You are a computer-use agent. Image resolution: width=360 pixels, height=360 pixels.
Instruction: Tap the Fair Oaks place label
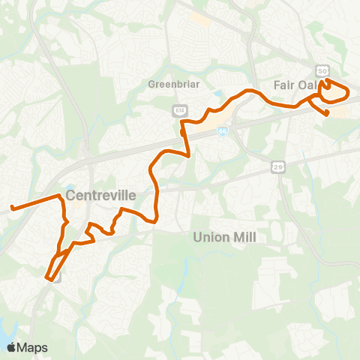[x=296, y=85]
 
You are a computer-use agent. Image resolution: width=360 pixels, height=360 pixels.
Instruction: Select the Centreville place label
[x=100, y=195]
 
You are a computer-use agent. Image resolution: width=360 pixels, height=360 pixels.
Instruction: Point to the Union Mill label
[x=224, y=237]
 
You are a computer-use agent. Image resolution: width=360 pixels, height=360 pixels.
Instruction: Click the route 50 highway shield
[x=322, y=70]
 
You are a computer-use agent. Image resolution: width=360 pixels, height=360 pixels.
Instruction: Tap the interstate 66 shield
[x=222, y=130]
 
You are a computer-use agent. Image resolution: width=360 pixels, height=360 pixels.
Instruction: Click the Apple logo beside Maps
[x=12, y=347]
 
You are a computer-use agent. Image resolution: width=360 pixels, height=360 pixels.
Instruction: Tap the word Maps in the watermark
[x=33, y=347]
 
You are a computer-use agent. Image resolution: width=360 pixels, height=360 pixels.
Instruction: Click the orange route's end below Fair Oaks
[x=327, y=114]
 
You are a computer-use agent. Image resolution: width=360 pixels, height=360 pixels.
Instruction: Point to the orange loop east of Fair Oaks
[x=336, y=91]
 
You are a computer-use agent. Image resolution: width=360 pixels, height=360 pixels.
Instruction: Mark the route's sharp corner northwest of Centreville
[x=59, y=196]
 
